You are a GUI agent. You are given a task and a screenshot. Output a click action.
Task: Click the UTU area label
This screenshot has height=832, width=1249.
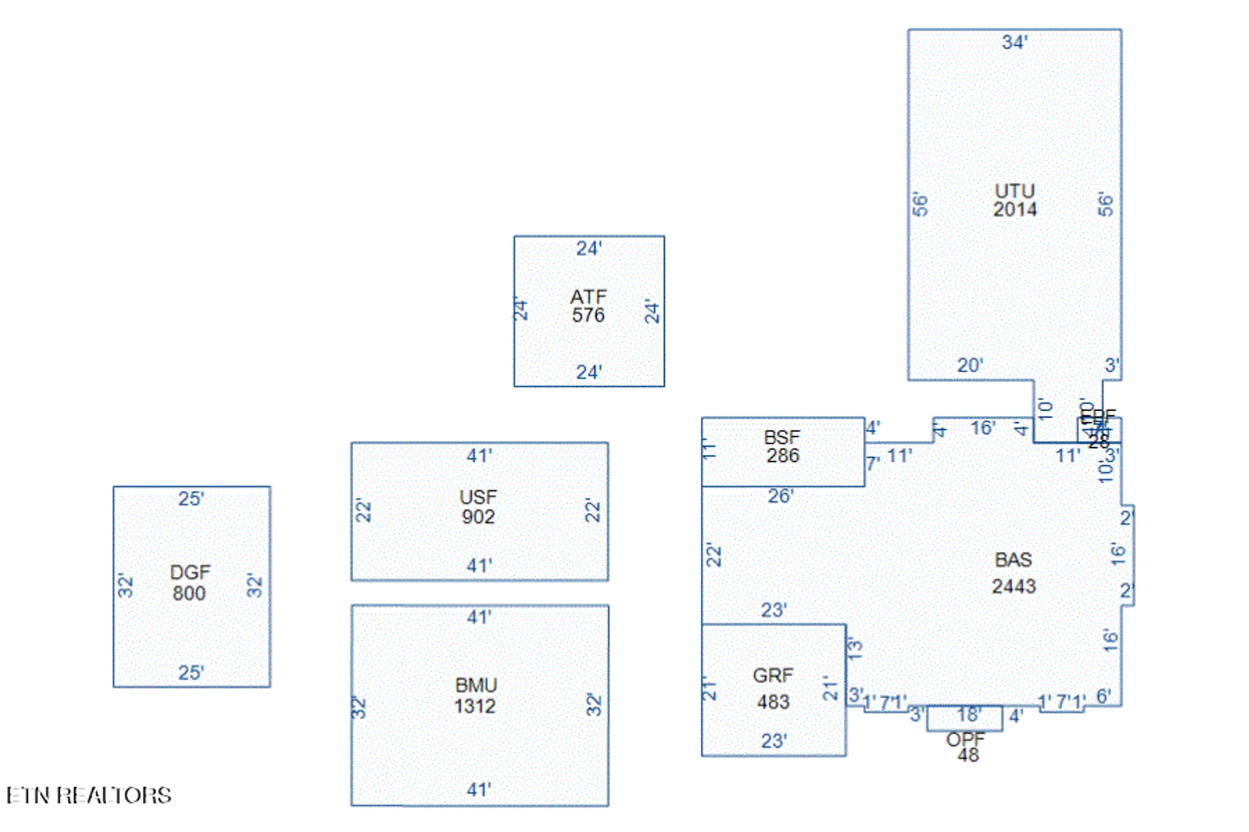[x=1014, y=200]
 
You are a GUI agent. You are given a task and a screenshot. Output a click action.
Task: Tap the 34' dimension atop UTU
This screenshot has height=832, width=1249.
[x=1014, y=42]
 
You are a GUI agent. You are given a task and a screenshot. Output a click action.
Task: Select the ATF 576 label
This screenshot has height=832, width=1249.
[x=588, y=306]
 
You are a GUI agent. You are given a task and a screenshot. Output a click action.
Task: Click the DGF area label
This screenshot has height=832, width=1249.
[x=190, y=582]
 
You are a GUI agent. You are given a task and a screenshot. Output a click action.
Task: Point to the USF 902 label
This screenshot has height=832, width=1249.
[x=478, y=507]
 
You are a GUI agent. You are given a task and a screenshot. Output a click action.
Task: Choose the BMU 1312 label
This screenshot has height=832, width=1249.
[x=475, y=696]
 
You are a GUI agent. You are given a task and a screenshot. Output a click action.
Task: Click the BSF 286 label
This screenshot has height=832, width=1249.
[x=782, y=446]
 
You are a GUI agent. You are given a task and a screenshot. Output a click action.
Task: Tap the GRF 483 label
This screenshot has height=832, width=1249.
[x=773, y=688]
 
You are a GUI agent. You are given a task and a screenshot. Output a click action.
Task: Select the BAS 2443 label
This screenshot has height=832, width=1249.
[x=1014, y=573]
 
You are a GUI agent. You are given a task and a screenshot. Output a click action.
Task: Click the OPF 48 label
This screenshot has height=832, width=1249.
[x=966, y=747]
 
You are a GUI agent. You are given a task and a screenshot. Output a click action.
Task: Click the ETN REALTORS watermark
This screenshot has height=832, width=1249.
[x=89, y=796]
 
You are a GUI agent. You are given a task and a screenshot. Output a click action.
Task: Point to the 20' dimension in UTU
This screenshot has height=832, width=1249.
[x=970, y=365]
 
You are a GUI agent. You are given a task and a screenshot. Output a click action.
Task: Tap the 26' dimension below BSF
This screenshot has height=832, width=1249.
[x=781, y=496]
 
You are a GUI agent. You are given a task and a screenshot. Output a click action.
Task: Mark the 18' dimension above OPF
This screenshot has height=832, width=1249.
[x=969, y=714]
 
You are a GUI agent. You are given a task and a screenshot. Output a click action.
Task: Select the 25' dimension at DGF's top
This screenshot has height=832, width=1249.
[x=191, y=499]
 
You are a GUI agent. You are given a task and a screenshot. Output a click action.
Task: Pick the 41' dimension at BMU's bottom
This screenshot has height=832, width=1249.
[x=479, y=790]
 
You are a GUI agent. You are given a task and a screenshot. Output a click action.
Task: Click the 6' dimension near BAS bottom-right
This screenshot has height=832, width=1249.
[x=1103, y=696]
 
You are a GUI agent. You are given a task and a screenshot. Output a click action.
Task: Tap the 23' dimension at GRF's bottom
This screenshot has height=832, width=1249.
[x=774, y=741]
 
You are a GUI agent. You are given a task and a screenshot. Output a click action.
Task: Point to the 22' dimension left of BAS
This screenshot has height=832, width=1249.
[x=713, y=555]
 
